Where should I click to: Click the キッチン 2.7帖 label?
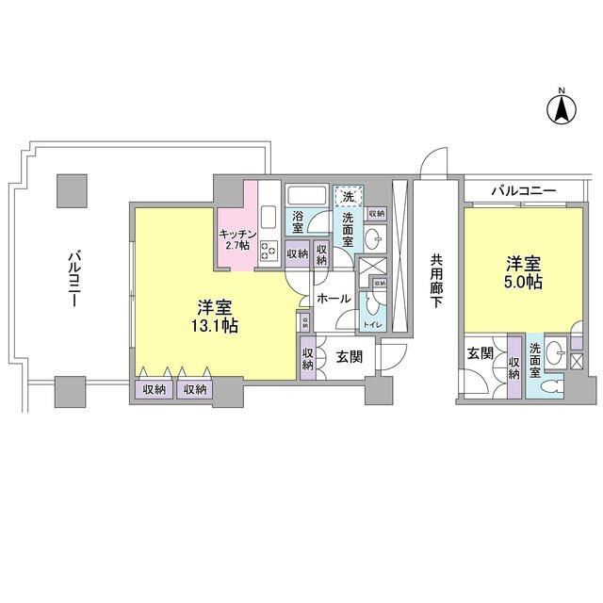235,239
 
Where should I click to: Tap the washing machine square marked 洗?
348,198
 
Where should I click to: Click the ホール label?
334,299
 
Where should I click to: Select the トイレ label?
372,325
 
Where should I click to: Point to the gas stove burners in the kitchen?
268,251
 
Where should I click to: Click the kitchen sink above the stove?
268,212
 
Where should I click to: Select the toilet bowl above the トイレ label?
374,302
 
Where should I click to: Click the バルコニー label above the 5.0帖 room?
523,191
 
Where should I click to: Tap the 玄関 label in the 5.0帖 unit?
479,353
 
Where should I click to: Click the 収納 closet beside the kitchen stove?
296,253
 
